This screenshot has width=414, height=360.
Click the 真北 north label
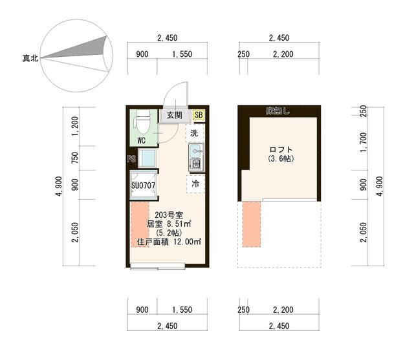(x=30, y=58)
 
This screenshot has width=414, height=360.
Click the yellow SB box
(x=198, y=115)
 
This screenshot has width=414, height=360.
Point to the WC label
(x=142, y=139)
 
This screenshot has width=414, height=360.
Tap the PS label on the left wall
(x=131, y=159)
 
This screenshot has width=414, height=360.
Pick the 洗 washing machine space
(x=194, y=133)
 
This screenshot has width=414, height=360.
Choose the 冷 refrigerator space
(x=195, y=184)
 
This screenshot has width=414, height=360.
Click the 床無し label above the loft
(x=278, y=111)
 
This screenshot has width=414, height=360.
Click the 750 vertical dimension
(x=76, y=159)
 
